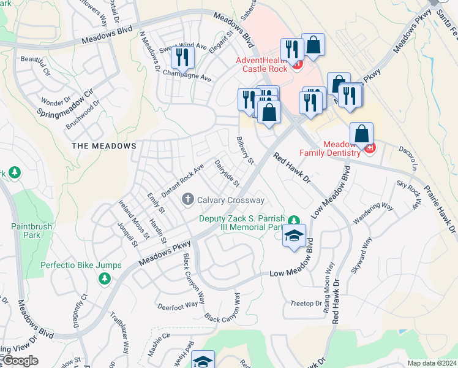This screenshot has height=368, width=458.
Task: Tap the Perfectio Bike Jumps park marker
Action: pos(104,278)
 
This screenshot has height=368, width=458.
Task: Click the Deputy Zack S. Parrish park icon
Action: pos(294,220)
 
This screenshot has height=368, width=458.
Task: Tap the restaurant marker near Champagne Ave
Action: pos(182,57)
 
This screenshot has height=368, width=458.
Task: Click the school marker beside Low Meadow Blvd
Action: pos(294,236)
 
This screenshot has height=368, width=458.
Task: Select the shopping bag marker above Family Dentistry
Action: pos(362,134)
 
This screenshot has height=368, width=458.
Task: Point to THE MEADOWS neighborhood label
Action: pos(104,146)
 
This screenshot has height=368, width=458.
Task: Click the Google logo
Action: pos(20,361)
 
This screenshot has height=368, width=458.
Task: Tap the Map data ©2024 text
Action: pos(431,363)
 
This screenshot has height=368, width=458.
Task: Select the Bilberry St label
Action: pos(246,151)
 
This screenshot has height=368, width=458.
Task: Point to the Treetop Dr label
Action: pos(306,304)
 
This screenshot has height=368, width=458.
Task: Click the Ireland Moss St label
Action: pos(134,219)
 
